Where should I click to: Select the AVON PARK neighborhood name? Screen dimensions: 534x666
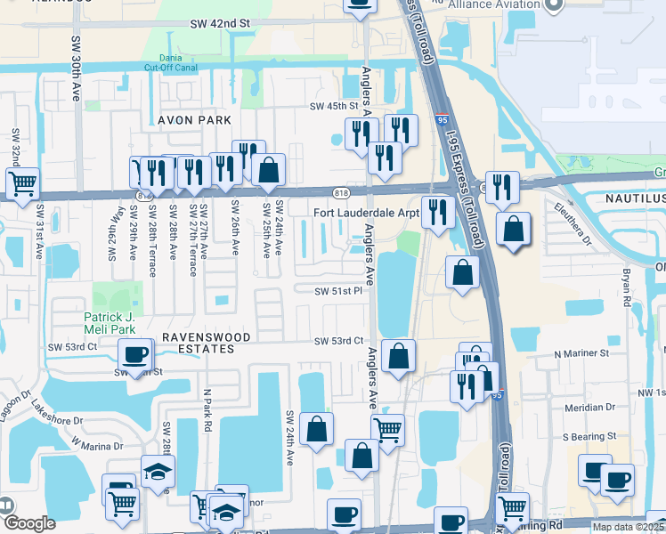tap(194, 119)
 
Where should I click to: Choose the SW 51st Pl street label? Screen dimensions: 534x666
tap(338, 291)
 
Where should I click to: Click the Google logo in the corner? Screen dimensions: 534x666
tap(28, 523)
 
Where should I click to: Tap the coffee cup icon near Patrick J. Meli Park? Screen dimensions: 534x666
tap(134, 356)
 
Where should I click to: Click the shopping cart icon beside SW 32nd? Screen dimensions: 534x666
tap(22, 184)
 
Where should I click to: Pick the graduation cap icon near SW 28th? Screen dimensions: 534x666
tap(158, 473)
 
